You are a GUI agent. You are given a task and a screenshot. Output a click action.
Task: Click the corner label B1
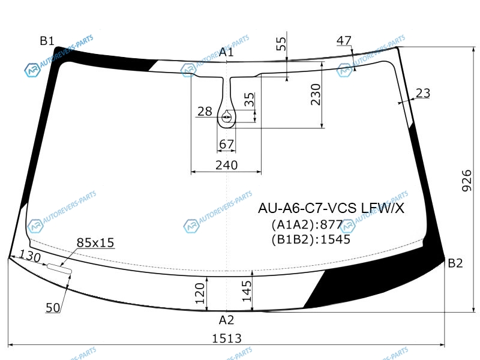[47, 41]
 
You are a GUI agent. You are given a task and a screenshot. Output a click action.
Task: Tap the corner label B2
[455, 263]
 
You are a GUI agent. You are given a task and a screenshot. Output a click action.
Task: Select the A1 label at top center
[226, 52]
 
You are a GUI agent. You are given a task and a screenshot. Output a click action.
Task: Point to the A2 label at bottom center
[227, 320]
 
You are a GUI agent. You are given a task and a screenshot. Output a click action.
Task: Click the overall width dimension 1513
[227, 338]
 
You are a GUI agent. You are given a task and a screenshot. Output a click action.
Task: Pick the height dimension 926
[467, 181]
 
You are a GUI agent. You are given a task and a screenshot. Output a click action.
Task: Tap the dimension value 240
[227, 166]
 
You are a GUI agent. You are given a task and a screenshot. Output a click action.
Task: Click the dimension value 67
[227, 144]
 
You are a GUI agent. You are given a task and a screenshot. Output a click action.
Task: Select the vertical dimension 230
[316, 95]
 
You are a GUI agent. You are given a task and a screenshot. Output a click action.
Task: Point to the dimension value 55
[281, 44]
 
